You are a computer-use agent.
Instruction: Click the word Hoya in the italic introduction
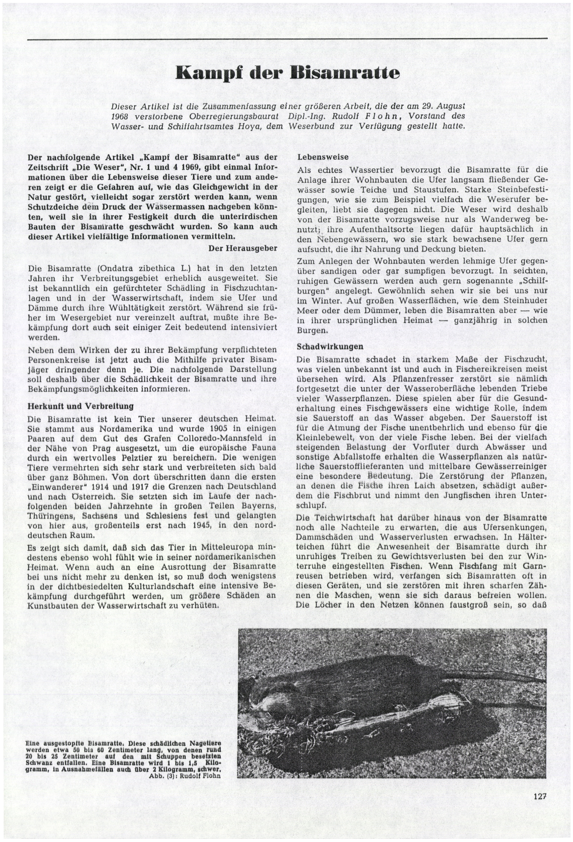point(252,126)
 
